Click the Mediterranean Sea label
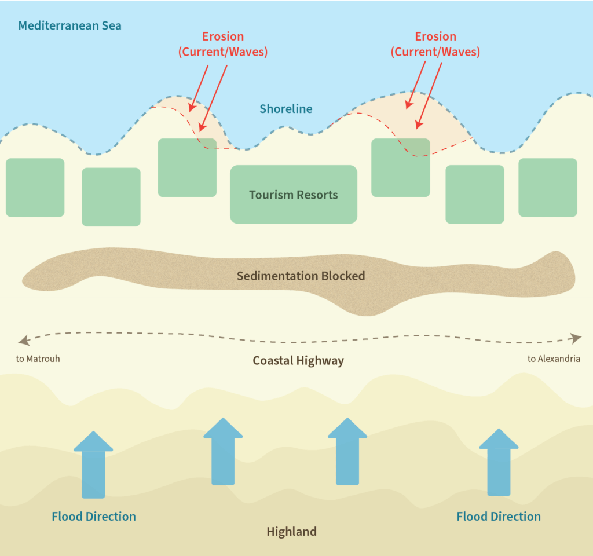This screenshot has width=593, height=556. pyautogui.click(x=69, y=26)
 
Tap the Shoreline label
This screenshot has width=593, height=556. pyautogui.click(x=285, y=109)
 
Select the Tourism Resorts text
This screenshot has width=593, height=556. pyautogui.click(x=294, y=195)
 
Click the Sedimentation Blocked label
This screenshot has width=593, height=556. pyautogui.click(x=301, y=276)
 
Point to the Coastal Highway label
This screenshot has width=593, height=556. pyautogui.click(x=298, y=361)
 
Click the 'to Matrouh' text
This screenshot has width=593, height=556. pyautogui.click(x=38, y=359)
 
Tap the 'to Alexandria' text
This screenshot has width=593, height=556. pyautogui.click(x=554, y=359)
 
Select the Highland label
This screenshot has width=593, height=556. pyautogui.click(x=291, y=532)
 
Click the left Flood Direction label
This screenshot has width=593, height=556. pyautogui.click(x=94, y=517)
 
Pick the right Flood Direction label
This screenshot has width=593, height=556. pyautogui.click(x=499, y=517)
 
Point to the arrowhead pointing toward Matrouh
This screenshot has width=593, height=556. pyautogui.click(x=23, y=339)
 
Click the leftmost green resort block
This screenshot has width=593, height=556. pyautogui.click(x=35, y=188)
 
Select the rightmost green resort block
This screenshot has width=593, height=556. pyautogui.click(x=547, y=188)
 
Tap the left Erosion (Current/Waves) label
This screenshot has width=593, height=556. pyautogui.click(x=223, y=44)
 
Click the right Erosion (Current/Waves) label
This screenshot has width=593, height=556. pyautogui.click(x=435, y=44)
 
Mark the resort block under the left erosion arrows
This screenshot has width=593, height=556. pyautogui.click(x=187, y=168)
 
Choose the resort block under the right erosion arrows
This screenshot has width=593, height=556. pyautogui.click(x=400, y=168)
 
